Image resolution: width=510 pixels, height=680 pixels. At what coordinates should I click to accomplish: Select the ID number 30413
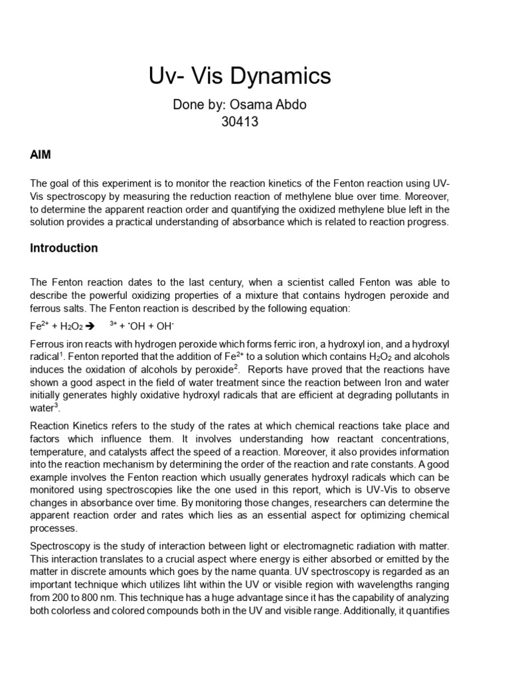[x=239, y=122]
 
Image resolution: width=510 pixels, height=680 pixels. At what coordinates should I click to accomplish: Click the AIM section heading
[x=41, y=155]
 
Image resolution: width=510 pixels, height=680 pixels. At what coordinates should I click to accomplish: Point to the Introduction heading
[x=64, y=248]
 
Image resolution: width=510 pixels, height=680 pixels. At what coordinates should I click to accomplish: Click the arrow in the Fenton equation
[x=90, y=326]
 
